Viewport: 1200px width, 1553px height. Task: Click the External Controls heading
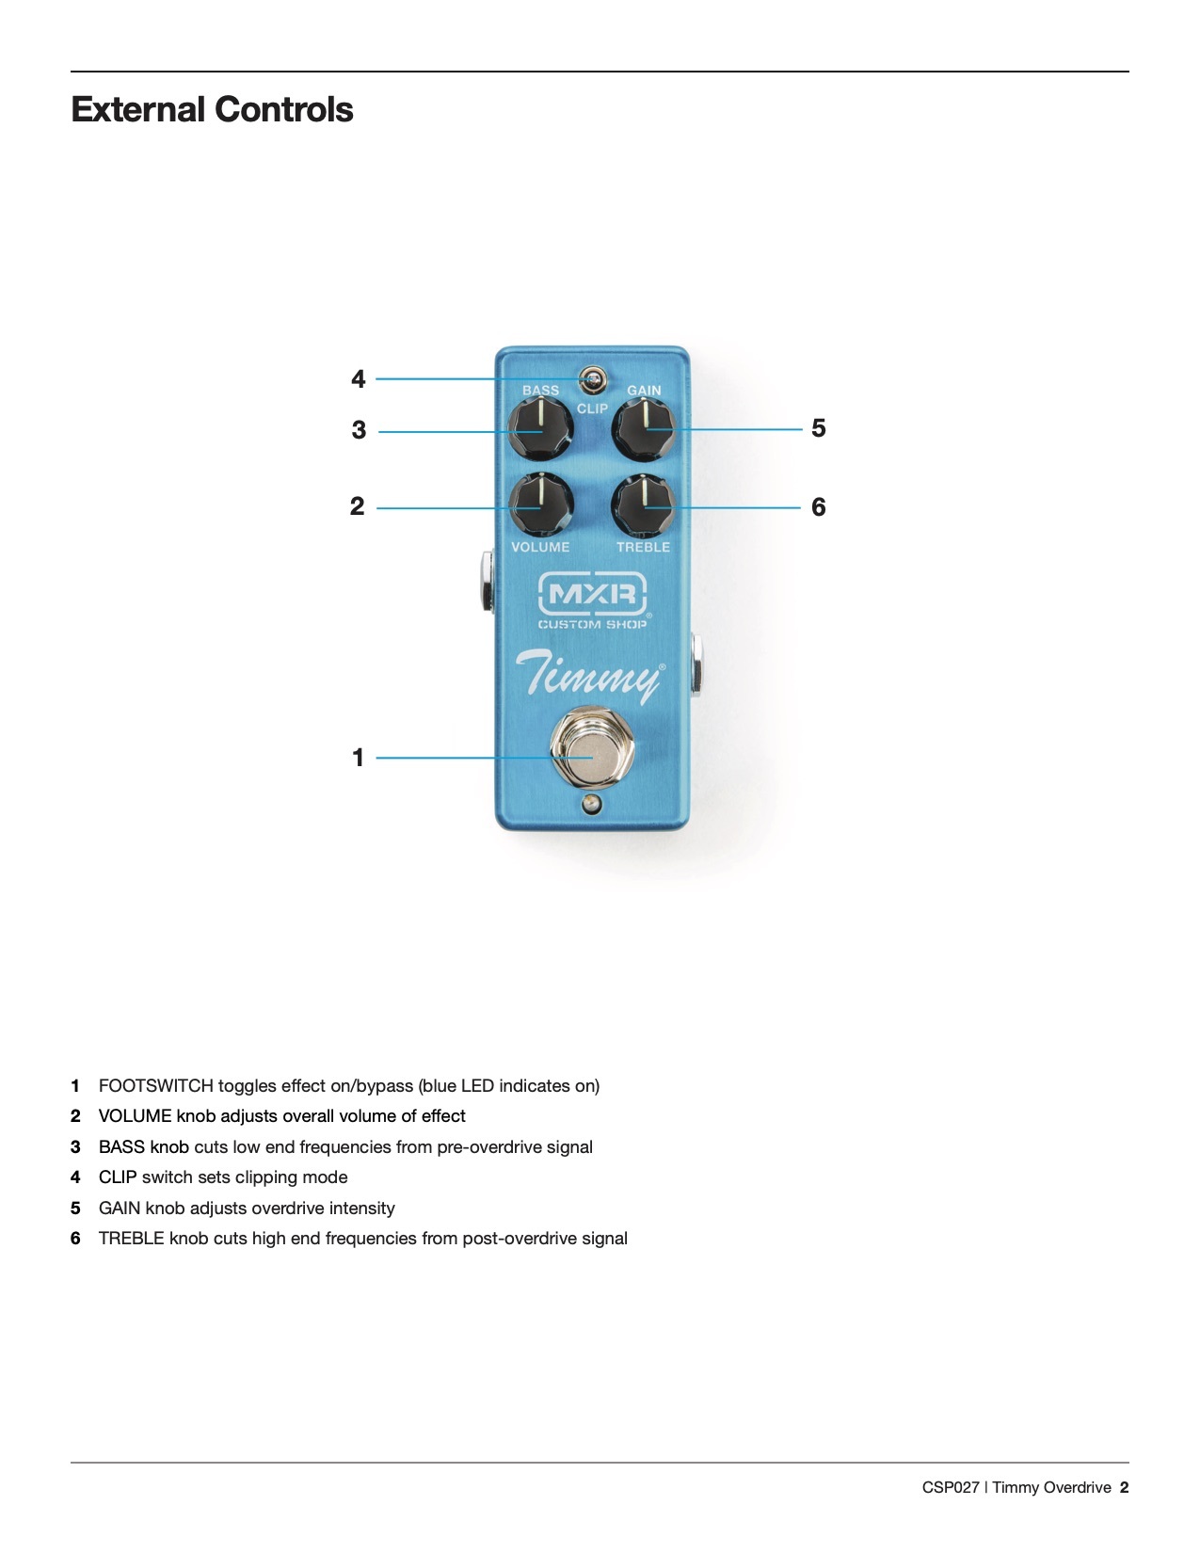point(212,109)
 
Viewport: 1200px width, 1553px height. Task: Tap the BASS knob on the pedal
point(541,428)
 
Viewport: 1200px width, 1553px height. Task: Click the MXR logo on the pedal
point(592,594)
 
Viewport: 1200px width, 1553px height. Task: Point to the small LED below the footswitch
point(592,803)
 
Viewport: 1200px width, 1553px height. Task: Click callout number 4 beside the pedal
point(358,379)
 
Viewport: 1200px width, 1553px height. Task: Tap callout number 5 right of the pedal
point(818,428)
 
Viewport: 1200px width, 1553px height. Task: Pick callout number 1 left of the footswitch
point(358,758)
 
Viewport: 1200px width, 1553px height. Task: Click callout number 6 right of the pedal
point(818,507)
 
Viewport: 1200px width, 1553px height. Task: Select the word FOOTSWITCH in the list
point(155,1086)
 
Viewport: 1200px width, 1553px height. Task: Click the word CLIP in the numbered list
point(118,1177)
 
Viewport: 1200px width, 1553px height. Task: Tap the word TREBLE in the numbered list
point(132,1239)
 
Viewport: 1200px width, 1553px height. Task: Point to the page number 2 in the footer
point(1124,1488)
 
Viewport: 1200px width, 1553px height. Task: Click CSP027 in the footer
point(951,1488)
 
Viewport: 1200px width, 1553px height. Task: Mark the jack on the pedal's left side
point(486,579)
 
